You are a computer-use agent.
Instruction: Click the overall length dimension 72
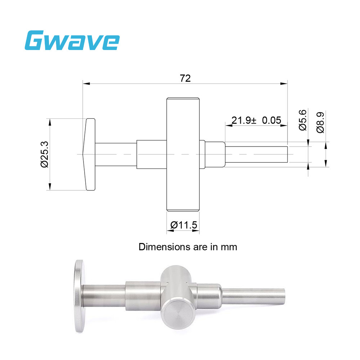[185, 78]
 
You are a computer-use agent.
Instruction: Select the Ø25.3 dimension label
[44, 154]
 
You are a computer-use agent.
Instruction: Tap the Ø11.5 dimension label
[184, 225]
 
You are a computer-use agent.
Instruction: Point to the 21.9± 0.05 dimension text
[256, 120]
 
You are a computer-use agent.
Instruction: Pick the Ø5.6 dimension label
[302, 120]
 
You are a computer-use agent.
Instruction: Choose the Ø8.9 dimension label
[320, 122]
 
